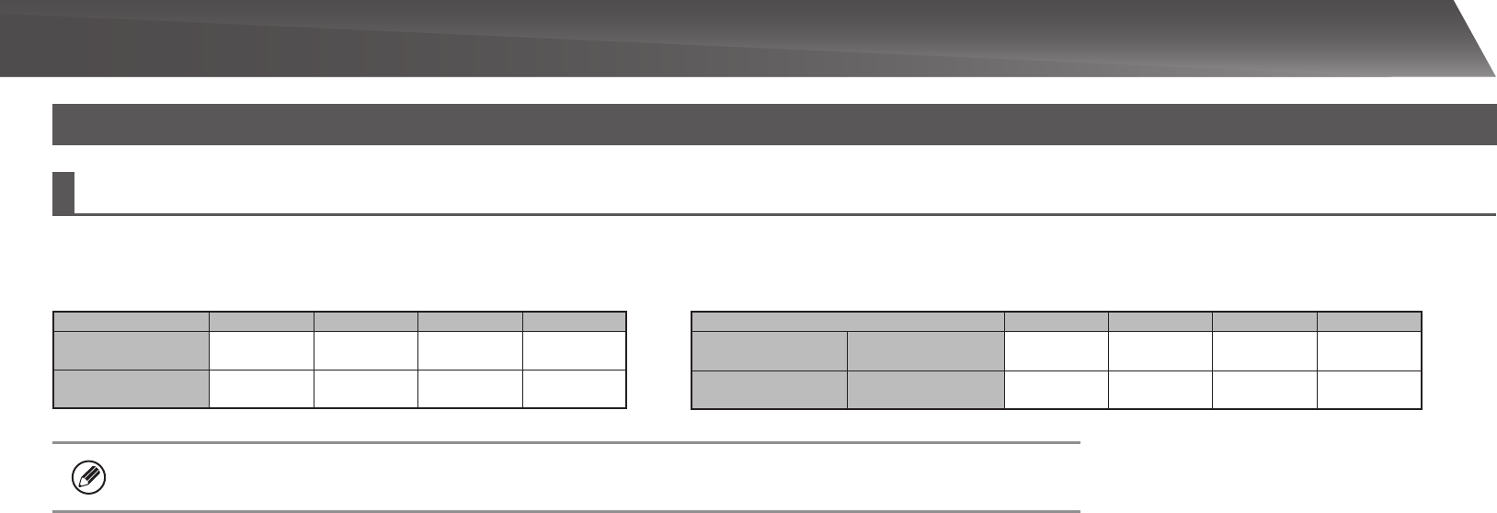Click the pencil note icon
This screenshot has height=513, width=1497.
click(x=89, y=477)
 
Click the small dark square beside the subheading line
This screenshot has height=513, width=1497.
click(x=63, y=192)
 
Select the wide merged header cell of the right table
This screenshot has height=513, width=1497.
click(x=847, y=321)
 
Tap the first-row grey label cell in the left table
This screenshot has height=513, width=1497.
click(x=131, y=349)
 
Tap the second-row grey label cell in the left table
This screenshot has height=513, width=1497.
click(x=131, y=388)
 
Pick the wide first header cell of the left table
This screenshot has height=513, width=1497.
click(x=131, y=321)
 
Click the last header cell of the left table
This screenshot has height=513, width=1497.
click(x=575, y=321)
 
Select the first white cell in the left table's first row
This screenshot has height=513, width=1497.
click(x=261, y=349)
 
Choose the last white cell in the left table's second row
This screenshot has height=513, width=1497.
click(x=575, y=388)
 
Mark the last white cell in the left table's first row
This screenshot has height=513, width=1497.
click(x=575, y=349)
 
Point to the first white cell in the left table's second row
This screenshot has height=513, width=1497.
click(x=261, y=388)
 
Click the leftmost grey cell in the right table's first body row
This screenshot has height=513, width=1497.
click(x=769, y=350)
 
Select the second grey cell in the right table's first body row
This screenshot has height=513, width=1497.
click(x=925, y=350)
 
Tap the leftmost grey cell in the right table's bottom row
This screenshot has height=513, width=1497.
click(x=769, y=389)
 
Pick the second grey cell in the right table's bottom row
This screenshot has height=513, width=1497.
click(x=925, y=389)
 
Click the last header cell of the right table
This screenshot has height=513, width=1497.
click(x=1369, y=321)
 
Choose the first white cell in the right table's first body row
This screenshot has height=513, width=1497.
click(x=1056, y=350)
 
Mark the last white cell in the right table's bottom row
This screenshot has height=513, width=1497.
click(x=1369, y=389)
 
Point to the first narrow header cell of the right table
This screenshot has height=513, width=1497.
click(x=1056, y=321)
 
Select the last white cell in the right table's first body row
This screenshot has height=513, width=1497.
click(x=1369, y=350)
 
